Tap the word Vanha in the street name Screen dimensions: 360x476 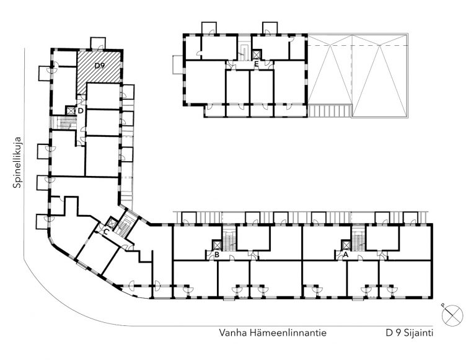coord(231,333)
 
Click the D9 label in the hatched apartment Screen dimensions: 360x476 coord(99,65)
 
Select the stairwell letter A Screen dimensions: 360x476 coord(346,254)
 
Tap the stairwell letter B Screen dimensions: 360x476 coord(217,254)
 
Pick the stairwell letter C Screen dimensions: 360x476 coord(106,232)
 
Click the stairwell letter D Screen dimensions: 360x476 coord(81,110)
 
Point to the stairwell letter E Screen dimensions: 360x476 coord(256,64)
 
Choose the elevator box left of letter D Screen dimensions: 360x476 coord(71,110)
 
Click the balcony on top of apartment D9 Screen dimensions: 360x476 coord(98,43)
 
